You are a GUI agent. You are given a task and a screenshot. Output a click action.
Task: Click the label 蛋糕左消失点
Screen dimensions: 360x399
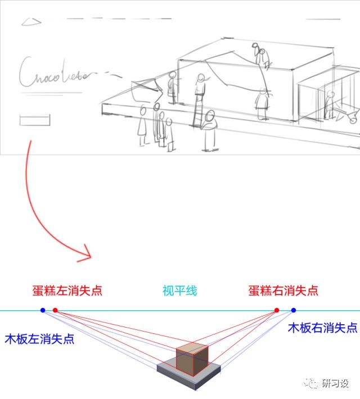[x=67, y=291]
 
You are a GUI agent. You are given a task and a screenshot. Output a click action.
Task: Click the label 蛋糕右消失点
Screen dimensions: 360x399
[x=283, y=291]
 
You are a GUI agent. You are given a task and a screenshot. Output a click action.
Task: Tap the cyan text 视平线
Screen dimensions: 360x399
[x=180, y=291]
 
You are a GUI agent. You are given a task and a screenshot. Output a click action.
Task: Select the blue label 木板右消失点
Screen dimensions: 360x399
[x=322, y=327]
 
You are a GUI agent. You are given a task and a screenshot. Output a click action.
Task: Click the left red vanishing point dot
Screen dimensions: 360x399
[x=55, y=310]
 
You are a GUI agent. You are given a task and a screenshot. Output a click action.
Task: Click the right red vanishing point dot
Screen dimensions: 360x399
[x=276, y=310]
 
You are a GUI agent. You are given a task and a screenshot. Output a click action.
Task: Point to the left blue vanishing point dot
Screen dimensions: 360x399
[x=43, y=310]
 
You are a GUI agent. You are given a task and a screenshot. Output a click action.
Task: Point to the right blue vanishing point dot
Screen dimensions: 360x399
[x=294, y=310]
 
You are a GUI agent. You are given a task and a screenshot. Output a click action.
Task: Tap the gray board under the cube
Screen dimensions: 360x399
[x=169, y=374]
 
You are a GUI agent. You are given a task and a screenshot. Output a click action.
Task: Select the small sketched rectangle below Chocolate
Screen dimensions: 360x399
[x=35, y=120]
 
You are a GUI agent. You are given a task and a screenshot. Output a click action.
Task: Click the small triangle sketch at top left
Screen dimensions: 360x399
[x=31, y=22]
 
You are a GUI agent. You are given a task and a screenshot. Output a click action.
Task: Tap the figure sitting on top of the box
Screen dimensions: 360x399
[x=261, y=58]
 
